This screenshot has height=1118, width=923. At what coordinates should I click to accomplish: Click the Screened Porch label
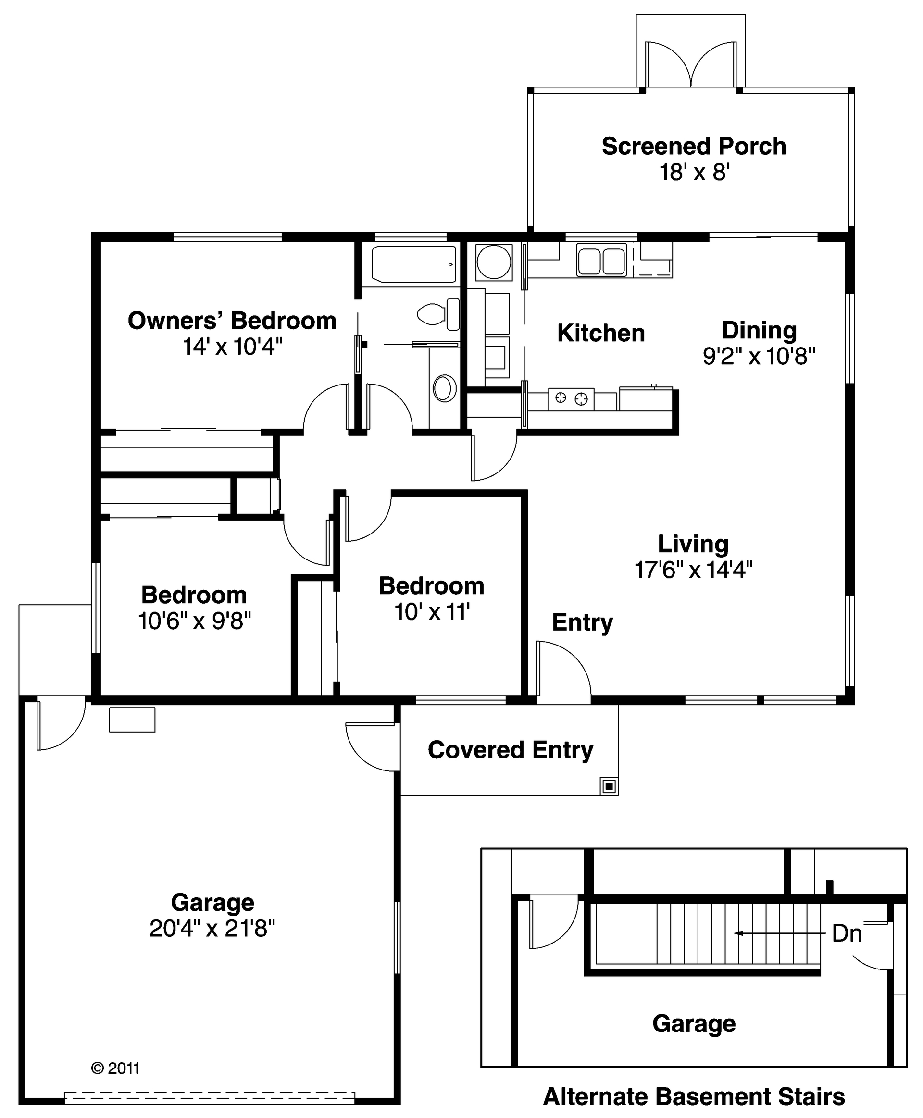coord(693,146)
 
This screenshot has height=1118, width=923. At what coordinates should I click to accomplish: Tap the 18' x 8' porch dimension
coord(694,172)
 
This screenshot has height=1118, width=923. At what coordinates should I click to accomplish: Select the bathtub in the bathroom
coord(413,264)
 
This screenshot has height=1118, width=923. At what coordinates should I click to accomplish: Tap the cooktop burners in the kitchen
coord(571,398)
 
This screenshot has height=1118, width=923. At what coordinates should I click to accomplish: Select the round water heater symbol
coord(493,261)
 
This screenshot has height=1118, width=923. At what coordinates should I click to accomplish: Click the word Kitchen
coord(601,333)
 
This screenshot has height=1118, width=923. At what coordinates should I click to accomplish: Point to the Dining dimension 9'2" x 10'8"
coord(759,356)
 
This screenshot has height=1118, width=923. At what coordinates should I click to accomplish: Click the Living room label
coord(693,544)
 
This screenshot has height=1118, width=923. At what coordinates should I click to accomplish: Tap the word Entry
coord(582,622)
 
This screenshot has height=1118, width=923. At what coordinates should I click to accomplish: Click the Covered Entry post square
coord(609,786)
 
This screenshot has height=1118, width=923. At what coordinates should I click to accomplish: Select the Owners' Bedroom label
coord(232,321)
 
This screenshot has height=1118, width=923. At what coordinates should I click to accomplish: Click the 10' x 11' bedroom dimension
coord(432,612)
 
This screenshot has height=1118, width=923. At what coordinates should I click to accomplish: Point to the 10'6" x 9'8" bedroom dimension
coord(194,621)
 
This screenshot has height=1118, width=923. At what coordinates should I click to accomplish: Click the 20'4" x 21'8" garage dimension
coord(212,928)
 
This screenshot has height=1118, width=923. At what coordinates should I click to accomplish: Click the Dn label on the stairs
coord(847,933)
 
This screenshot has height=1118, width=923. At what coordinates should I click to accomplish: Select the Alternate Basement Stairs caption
coord(694,1096)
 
